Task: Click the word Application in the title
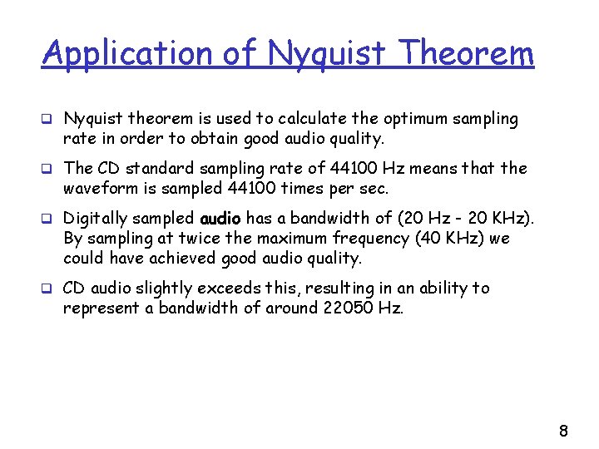pyautogui.click(x=127, y=53)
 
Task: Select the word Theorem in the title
pyautogui.click(x=467, y=53)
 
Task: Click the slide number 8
pyautogui.click(x=563, y=431)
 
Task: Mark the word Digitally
pyautogui.click(x=97, y=219)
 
